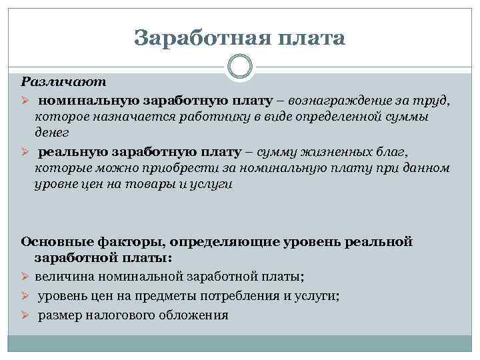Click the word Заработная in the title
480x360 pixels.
pyautogui.click(x=191, y=38)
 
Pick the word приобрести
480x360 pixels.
pyautogui.click(x=191, y=168)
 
